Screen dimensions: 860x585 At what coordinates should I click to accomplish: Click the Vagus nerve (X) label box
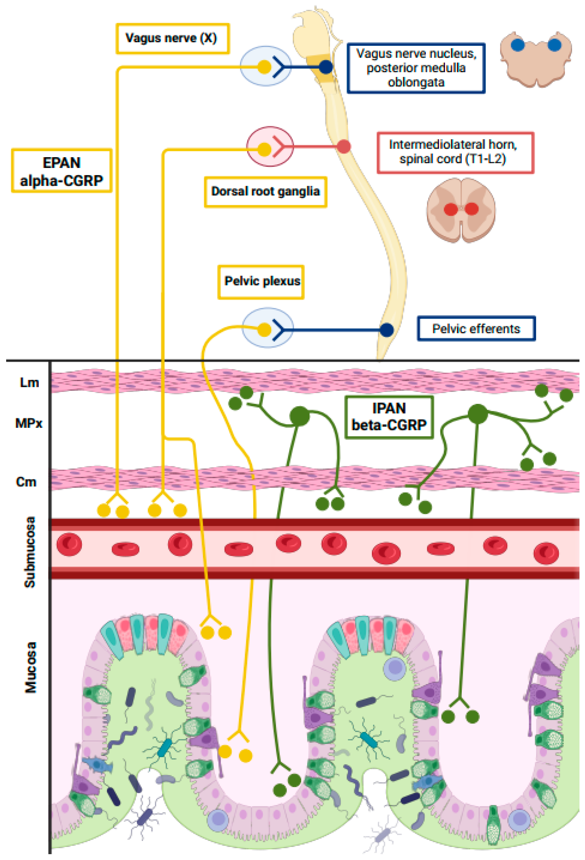coord(172,38)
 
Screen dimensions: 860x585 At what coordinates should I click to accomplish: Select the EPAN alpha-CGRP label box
coord(62,171)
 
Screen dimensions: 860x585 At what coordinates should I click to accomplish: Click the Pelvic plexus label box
coord(261,282)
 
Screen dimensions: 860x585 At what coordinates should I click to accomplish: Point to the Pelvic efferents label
coord(476,328)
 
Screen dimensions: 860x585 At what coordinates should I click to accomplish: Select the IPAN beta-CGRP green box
coord(389,417)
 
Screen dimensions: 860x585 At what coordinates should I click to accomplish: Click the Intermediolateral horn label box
coord(455,152)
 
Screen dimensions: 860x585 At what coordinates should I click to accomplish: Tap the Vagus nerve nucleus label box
coord(416,68)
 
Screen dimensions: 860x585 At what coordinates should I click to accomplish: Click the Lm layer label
coord(29,382)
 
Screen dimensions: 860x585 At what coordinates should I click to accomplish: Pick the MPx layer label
coord(29,423)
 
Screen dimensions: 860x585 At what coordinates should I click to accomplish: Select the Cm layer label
coord(26,482)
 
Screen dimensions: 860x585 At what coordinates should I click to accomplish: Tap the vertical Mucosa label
coord(31,667)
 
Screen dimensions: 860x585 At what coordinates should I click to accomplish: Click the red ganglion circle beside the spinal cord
coord(270,146)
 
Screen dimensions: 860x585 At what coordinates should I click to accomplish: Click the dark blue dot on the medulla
coord(326,67)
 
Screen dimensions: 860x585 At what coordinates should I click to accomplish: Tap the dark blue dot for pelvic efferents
coord(387,329)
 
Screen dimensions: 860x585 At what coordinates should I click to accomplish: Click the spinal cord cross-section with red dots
coord(461,210)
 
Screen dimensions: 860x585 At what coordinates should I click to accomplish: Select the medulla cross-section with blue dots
coord(535,58)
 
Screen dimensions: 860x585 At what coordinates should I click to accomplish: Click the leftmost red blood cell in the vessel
coord(69,544)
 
